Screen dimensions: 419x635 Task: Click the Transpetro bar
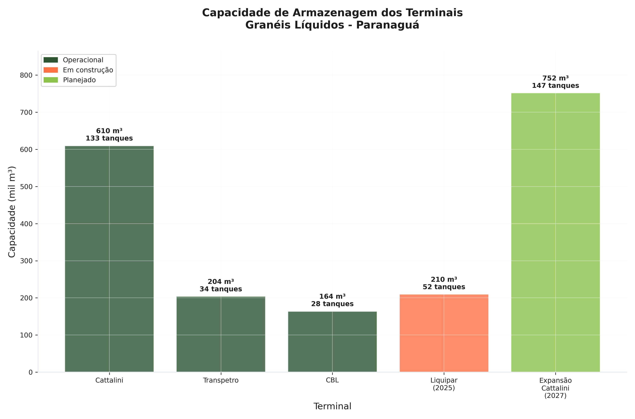pos(221,334)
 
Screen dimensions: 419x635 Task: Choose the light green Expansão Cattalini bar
pos(556,232)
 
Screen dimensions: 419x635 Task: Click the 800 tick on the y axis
pos(26,75)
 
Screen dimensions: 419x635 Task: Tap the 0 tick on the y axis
pos(30,372)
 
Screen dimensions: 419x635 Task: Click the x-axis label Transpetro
pos(221,380)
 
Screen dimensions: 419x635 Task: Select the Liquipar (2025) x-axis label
pos(444,384)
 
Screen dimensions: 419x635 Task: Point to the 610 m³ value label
pos(109,131)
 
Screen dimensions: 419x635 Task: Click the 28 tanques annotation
pos(332,304)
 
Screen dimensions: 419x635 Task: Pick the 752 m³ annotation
pos(556,78)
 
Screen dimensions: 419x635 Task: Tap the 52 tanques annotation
pos(444,287)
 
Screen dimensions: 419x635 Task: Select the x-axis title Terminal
pos(332,406)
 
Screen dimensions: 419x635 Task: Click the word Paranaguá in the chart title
pos(388,25)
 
